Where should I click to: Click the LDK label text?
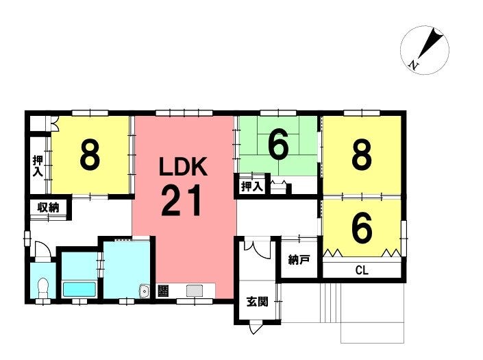[183, 167]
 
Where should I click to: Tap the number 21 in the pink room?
[182, 200]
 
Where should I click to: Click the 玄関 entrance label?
[257, 302]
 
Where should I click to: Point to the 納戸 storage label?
[299, 260]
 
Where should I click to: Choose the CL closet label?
[362, 270]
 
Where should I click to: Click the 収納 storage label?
[48, 208]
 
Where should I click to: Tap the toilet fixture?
[42, 287]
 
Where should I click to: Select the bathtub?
[79, 289]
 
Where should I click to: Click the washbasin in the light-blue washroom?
[144, 291]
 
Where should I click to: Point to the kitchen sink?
[195, 291]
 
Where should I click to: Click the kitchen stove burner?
[163, 291]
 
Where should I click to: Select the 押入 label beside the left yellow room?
[38, 167]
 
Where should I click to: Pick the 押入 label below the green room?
[252, 187]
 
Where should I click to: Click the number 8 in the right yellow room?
[362, 154]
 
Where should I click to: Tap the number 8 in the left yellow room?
[90, 155]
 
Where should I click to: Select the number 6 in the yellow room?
[362, 228]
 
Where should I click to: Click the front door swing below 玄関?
[256, 327]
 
